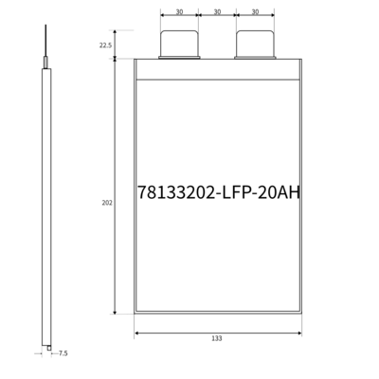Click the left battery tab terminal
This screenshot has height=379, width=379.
click(178, 44)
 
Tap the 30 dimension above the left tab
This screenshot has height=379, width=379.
click(178, 12)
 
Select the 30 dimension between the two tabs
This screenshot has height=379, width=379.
click(217, 12)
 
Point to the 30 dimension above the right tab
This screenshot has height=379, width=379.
click(256, 12)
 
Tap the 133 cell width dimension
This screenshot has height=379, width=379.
click(218, 338)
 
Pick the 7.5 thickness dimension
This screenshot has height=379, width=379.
click(63, 352)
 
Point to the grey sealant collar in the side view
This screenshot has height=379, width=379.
click(44, 63)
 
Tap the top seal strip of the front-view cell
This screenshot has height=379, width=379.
click(218, 68)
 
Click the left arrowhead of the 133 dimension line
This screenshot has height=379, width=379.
click(137, 332)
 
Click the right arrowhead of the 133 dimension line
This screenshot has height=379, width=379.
click(299, 332)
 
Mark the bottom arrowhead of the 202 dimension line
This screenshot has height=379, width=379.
click(116, 312)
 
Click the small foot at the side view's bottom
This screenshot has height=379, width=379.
click(47, 347)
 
